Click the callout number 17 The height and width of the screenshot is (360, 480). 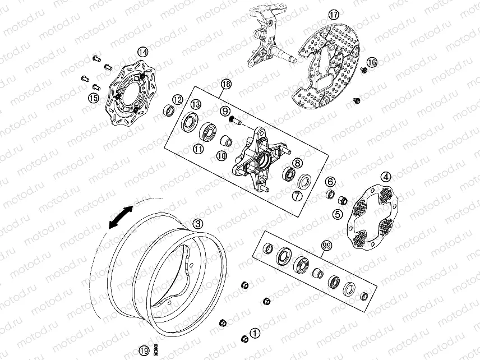click(x=334, y=15)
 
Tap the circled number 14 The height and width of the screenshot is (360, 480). click(x=142, y=52)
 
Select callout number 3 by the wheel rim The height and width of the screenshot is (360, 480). click(x=199, y=224)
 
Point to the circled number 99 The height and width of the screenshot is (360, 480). click(x=386, y=177)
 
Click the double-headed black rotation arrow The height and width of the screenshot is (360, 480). click(x=121, y=218)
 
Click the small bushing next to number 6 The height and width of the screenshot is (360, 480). click(x=330, y=194)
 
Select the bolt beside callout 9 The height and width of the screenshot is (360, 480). click(x=235, y=121)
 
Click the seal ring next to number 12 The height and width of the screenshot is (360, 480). click(x=169, y=110)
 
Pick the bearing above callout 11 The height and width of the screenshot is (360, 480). click(x=209, y=131)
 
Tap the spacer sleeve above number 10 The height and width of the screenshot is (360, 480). click(x=227, y=140)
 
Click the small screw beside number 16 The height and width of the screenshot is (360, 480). click(x=364, y=70)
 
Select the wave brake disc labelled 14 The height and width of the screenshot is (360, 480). click(x=131, y=95)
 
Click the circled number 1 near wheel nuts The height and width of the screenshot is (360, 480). click(x=255, y=333)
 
